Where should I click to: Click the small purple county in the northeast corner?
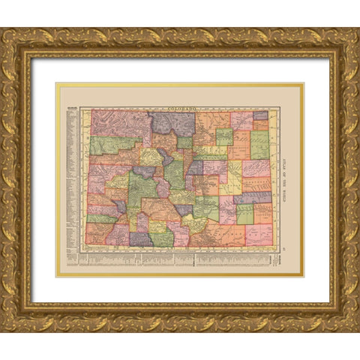click(x=260, y=115)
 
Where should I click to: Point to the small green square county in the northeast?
click(x=224, y=136)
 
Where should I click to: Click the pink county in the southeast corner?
click(x=259, y=234)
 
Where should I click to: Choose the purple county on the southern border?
click(x=141, y=239)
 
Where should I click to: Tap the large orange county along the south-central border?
click(x=210, y=235)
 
